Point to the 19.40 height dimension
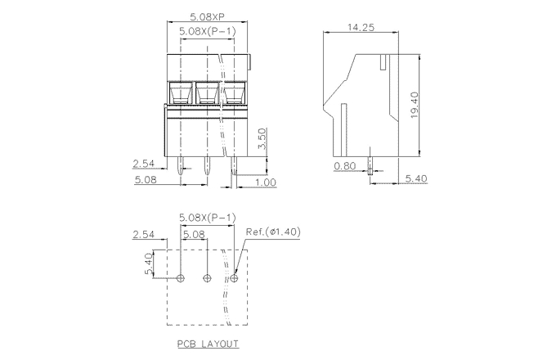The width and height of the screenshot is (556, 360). [415, 103]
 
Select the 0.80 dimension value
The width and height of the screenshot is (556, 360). [344, 165]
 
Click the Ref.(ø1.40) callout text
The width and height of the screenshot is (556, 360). [273, 232]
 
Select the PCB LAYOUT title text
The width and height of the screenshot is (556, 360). [207, 344]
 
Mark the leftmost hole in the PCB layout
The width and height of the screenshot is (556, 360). [181, 278]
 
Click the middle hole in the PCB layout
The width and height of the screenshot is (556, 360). [207, 278]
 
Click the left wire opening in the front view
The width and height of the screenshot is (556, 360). [181, 93]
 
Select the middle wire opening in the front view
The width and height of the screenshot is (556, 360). [208, 93]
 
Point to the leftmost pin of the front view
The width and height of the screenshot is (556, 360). [181, 168]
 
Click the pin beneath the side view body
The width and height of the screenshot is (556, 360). [370, 166]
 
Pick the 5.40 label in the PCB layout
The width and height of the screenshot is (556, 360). [149, 263]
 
